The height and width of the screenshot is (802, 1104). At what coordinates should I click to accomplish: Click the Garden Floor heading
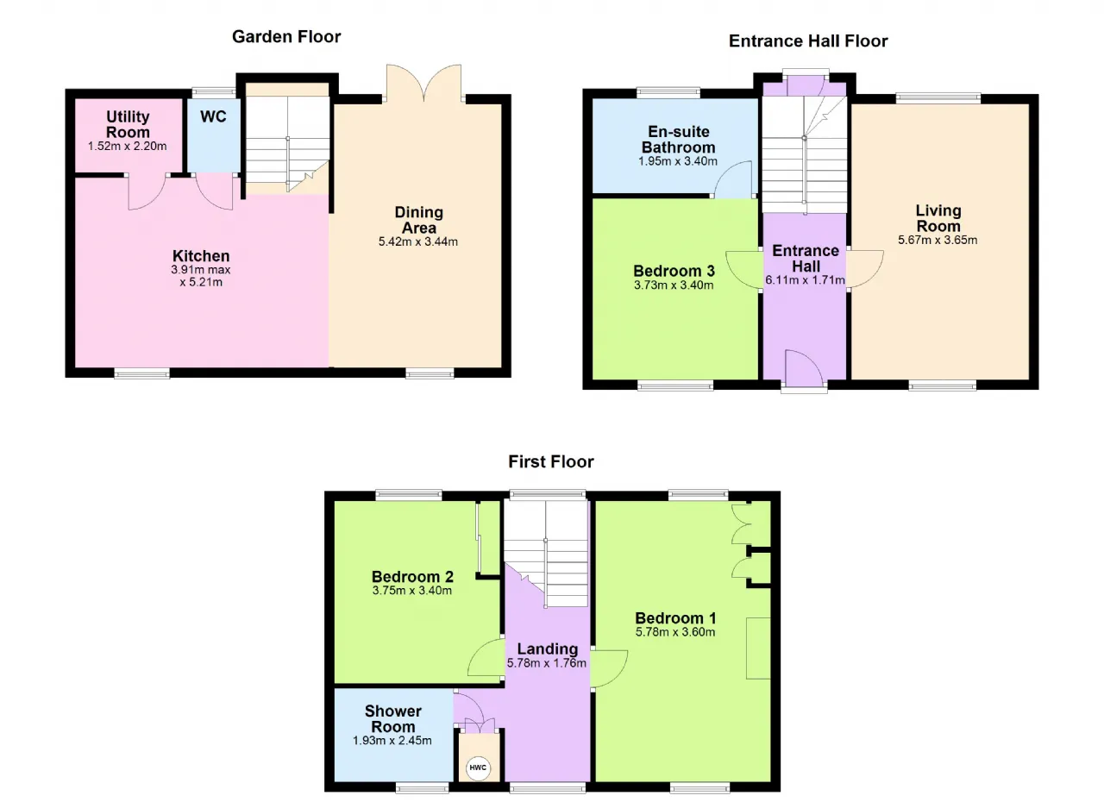[286, 36]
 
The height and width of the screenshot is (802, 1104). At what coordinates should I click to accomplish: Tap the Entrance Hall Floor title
[808, 41]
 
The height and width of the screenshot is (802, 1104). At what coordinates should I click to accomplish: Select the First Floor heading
[551, 461]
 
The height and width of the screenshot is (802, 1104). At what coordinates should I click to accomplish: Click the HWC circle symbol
[478, 767]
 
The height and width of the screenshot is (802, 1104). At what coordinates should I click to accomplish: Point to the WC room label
[213, 116]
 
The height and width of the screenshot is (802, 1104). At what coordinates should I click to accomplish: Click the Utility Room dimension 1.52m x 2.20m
[127, 147]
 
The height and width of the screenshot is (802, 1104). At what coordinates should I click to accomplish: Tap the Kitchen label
[201, 255]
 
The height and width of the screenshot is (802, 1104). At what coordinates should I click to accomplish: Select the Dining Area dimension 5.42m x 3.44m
[418, 241]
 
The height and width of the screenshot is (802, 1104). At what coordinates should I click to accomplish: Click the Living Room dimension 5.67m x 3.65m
[938, 240]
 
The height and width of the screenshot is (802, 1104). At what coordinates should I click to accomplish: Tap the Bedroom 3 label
[674, 271]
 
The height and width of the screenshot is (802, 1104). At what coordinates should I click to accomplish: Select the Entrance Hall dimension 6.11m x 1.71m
[806, 279]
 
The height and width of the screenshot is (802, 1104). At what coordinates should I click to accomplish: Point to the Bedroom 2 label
[412, 576]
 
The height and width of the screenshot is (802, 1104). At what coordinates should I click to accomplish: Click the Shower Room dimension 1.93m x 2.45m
[392, 740]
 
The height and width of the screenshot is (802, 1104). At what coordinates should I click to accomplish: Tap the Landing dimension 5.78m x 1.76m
[547, 662]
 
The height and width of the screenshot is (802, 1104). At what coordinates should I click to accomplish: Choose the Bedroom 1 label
[675, 617]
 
